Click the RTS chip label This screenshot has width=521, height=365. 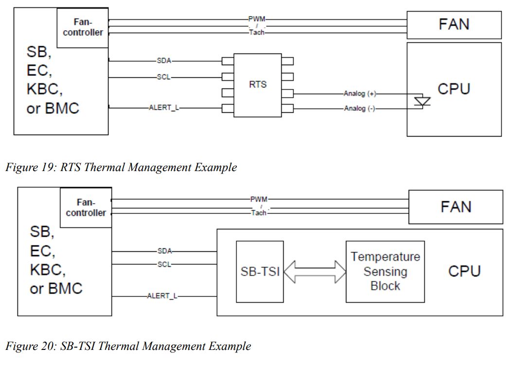click(x=258, y=84)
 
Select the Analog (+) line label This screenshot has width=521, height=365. click(x=359, y=94)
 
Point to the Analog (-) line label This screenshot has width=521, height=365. click(x=359, y=108)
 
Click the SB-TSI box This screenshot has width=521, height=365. click(x=260, y=271)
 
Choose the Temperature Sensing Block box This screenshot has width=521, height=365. click(x=385, y=271)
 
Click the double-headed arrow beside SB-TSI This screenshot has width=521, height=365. click(x=314, y=271)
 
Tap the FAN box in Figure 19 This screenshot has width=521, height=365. click(x=454, y=25)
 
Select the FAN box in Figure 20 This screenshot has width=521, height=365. click(x=456, y=207)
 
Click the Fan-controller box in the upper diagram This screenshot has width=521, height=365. click(x=83, y=27)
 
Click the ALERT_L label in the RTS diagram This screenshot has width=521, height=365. click(x=163, y=107)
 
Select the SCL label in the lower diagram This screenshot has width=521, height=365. click(x=164, y=264)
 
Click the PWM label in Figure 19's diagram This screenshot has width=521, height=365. click(x=256, y=18)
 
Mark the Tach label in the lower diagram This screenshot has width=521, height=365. click(x=258, y=213)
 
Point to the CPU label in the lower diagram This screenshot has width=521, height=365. click(x=464, y=271)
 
